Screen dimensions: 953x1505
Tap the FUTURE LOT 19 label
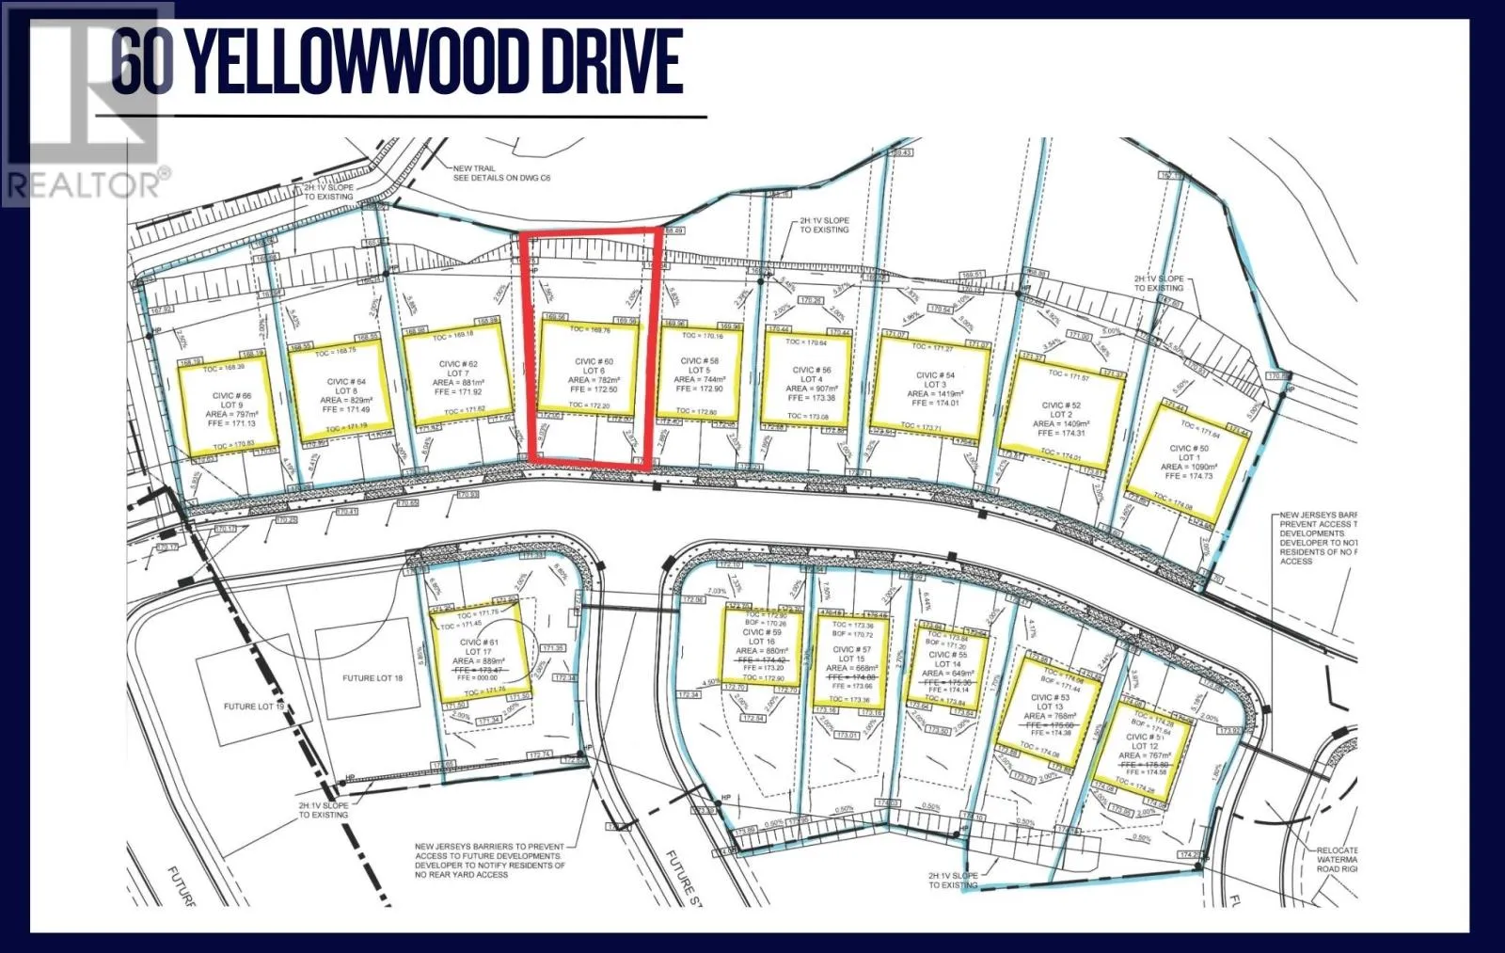tap(253, 707)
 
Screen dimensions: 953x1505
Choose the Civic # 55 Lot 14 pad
tap(947, 665)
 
